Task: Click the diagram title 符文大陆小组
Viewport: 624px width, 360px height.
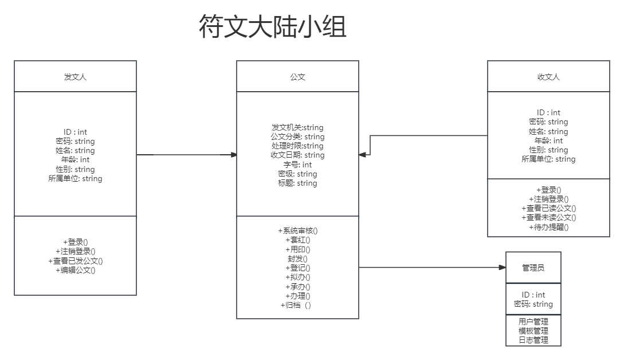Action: (x=272, y=28)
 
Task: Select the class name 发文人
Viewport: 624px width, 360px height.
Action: (x=75, y=77)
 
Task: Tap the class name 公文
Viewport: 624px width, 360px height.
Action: (x=297, y=77)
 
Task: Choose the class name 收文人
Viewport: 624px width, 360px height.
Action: (x=548, y=77)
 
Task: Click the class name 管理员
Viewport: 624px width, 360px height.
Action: (x=533, y=268)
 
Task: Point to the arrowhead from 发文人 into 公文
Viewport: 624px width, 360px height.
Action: (x=234, y=155)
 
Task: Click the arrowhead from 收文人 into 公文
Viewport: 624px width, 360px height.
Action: (x=362, y=155)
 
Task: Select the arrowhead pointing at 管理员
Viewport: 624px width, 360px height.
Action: (x=502, y=268)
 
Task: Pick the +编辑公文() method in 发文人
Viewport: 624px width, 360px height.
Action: (x=75, y=270)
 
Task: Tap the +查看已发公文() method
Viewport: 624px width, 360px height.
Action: (x=75, y=261)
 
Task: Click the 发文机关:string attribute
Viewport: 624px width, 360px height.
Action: (x=297, y=127)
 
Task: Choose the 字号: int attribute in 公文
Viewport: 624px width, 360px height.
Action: (x=297, y=165)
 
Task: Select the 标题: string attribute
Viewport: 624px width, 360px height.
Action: (x=297, y=183)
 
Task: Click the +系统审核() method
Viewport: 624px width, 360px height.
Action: (x=297, y=230)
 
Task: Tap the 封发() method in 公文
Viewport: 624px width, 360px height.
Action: (x=297, y=259)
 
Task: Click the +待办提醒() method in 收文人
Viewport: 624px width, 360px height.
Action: (x=548, y=227)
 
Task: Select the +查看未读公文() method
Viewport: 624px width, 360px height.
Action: (x=548, y=217)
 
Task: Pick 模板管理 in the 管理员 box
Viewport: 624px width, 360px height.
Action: (x=533, y=331)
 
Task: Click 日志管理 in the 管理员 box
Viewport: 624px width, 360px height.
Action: (x=533, y=340)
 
